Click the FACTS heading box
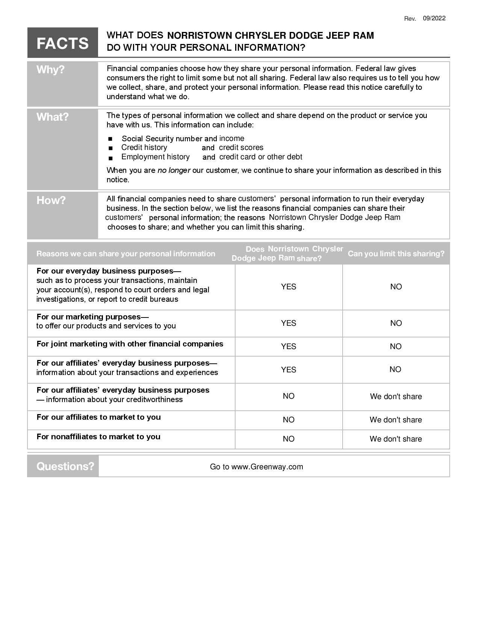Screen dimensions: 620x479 (x=62, y=43)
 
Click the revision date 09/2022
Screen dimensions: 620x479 (x=434, y=18)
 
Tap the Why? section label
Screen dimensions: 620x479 (x=51, y=70)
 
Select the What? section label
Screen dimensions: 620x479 (x=53, y=117)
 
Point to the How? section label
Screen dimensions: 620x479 (x=51, y=200)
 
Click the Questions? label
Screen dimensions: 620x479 (x=65, y=466)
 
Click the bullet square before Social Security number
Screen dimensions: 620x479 (x=110, y=139)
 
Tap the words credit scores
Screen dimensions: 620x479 (x=241, y=148)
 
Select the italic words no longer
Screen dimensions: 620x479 (x=174, y=170)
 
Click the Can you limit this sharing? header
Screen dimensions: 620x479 (x=396, y=254)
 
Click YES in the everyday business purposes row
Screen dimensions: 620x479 (x=289, y=287)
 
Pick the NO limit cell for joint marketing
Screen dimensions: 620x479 (x=396, y=346)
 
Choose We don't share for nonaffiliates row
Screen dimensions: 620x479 (x=396, y=439)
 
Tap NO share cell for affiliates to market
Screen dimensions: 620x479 (x=289, y=420)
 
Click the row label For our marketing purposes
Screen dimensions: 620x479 (x=92, y=317)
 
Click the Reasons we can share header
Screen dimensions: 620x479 (x=126, y=254)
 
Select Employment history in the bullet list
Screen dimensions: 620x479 (x=155, y=157)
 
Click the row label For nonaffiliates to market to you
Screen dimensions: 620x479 (x=98, y=437)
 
